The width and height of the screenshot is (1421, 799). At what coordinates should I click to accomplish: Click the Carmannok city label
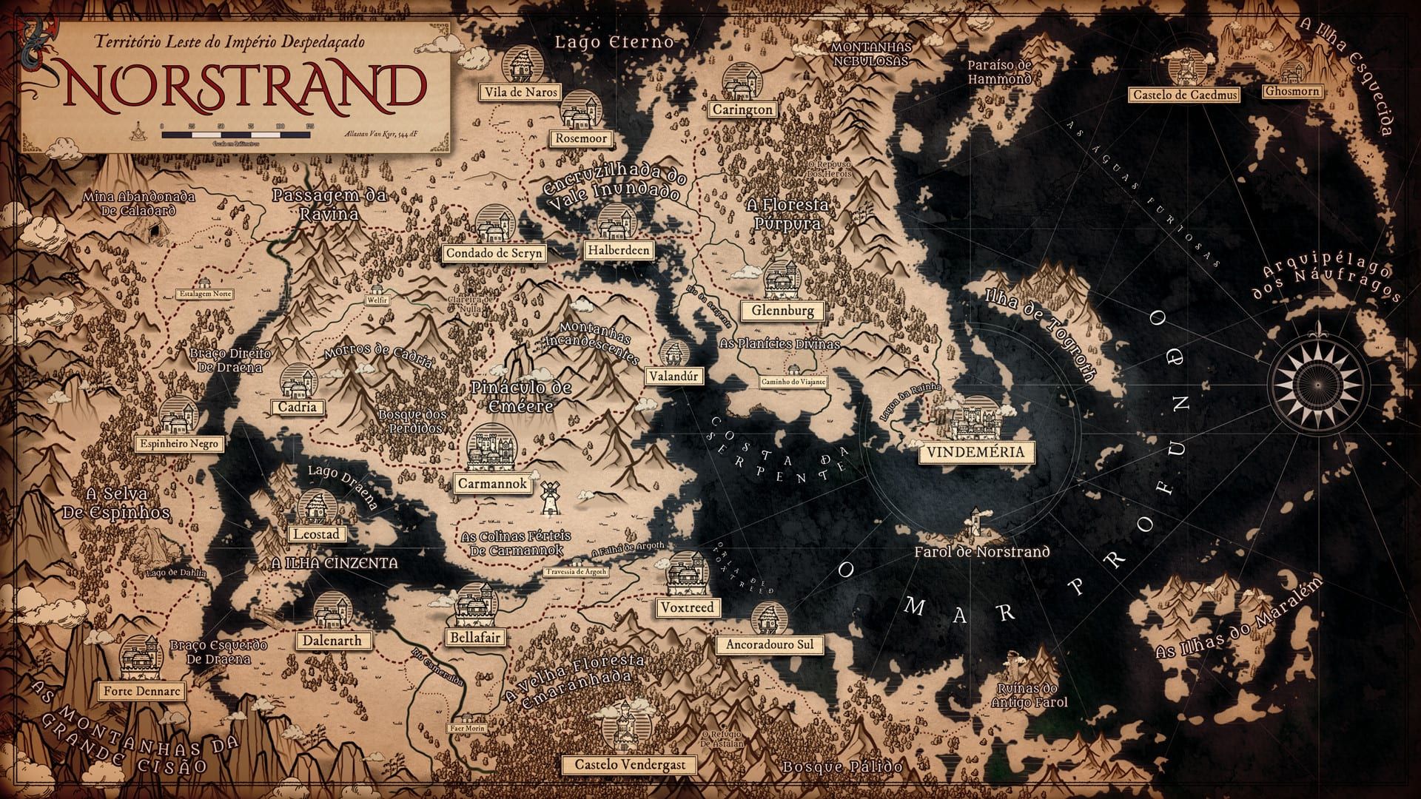coord(493,484)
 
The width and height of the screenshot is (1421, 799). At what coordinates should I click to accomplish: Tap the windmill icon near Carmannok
coord(548,498)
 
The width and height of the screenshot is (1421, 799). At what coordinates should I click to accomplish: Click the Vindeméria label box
coord(975,452)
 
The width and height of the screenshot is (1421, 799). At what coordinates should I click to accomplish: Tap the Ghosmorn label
coord(1292,91)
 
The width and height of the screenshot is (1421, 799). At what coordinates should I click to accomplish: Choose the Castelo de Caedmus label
coord(1184,95)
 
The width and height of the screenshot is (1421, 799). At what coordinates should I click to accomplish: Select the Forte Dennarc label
coord(141,692)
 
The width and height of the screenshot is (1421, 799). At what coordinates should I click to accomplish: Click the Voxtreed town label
coord(688,607)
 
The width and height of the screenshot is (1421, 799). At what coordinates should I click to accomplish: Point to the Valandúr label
coord(673,376)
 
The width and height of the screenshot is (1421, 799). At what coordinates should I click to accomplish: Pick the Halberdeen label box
coord(618,250)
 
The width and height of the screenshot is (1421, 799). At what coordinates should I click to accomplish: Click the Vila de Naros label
coord(520,92)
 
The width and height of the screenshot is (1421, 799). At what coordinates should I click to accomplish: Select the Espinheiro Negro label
coord(179,444)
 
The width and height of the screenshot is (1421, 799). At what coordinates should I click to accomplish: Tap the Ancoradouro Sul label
coord(769,644)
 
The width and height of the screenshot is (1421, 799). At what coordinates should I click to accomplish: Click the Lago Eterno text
coord(614,41)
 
